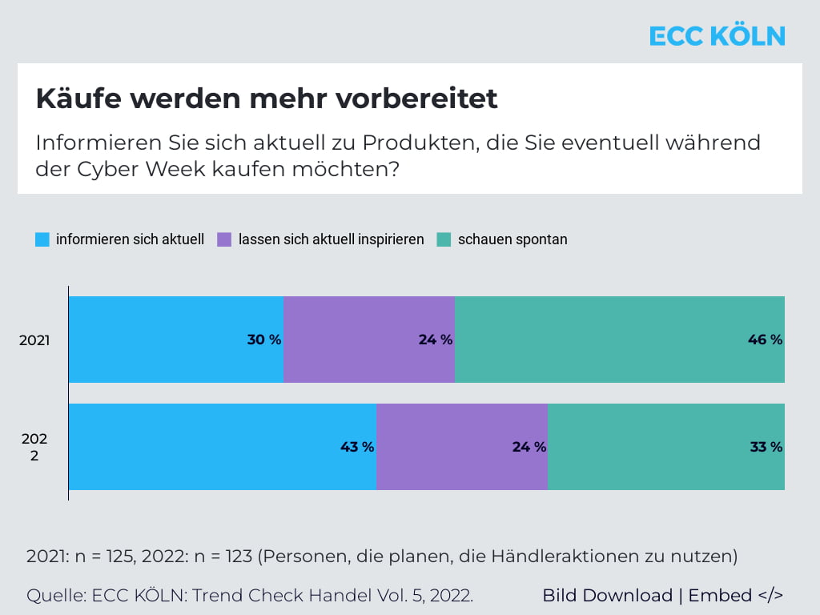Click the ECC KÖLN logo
(x=717, y=36)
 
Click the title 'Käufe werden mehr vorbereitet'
(x=267, y=98)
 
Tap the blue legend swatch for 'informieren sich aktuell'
(x=42, y=239)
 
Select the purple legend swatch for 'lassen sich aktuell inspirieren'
(x=224, y=239)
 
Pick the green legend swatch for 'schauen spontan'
(x=444, y=239)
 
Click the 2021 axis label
(x=34, y=340)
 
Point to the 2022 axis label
(x=34, y=447)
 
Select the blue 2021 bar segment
(x=160, y=340)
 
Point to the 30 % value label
(x=264, y=340)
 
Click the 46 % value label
(x=765, y=340)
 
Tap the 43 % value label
(x=357, y=447)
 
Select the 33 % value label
(x=766, y=447)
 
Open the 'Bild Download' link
(x=607, y=596)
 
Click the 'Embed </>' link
(x=735, y=596)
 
